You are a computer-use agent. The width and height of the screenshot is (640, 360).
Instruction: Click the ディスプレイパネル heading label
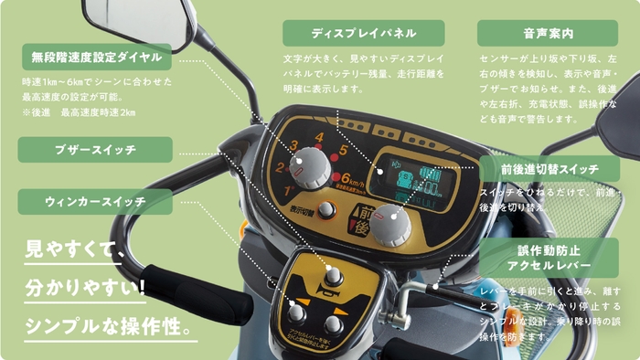coord(363,33)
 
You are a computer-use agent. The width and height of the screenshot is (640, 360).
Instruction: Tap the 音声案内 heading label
coord(547,33)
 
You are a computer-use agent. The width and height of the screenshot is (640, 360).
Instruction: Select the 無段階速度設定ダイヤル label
coord(95,57)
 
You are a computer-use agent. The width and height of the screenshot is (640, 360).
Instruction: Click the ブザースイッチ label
coord(95,149)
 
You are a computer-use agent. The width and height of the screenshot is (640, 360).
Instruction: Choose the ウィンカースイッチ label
coord(95,201)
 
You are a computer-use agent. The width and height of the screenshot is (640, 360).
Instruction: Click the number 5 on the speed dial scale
coord(343,151)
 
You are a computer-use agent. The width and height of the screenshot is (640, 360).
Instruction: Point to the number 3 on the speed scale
coord(293,147)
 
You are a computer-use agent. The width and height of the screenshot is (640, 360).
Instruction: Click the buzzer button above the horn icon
coord(335,275)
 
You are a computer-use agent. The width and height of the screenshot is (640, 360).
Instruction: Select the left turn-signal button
coord(297,312)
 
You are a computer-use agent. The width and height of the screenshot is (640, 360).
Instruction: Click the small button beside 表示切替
coord(326,211)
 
